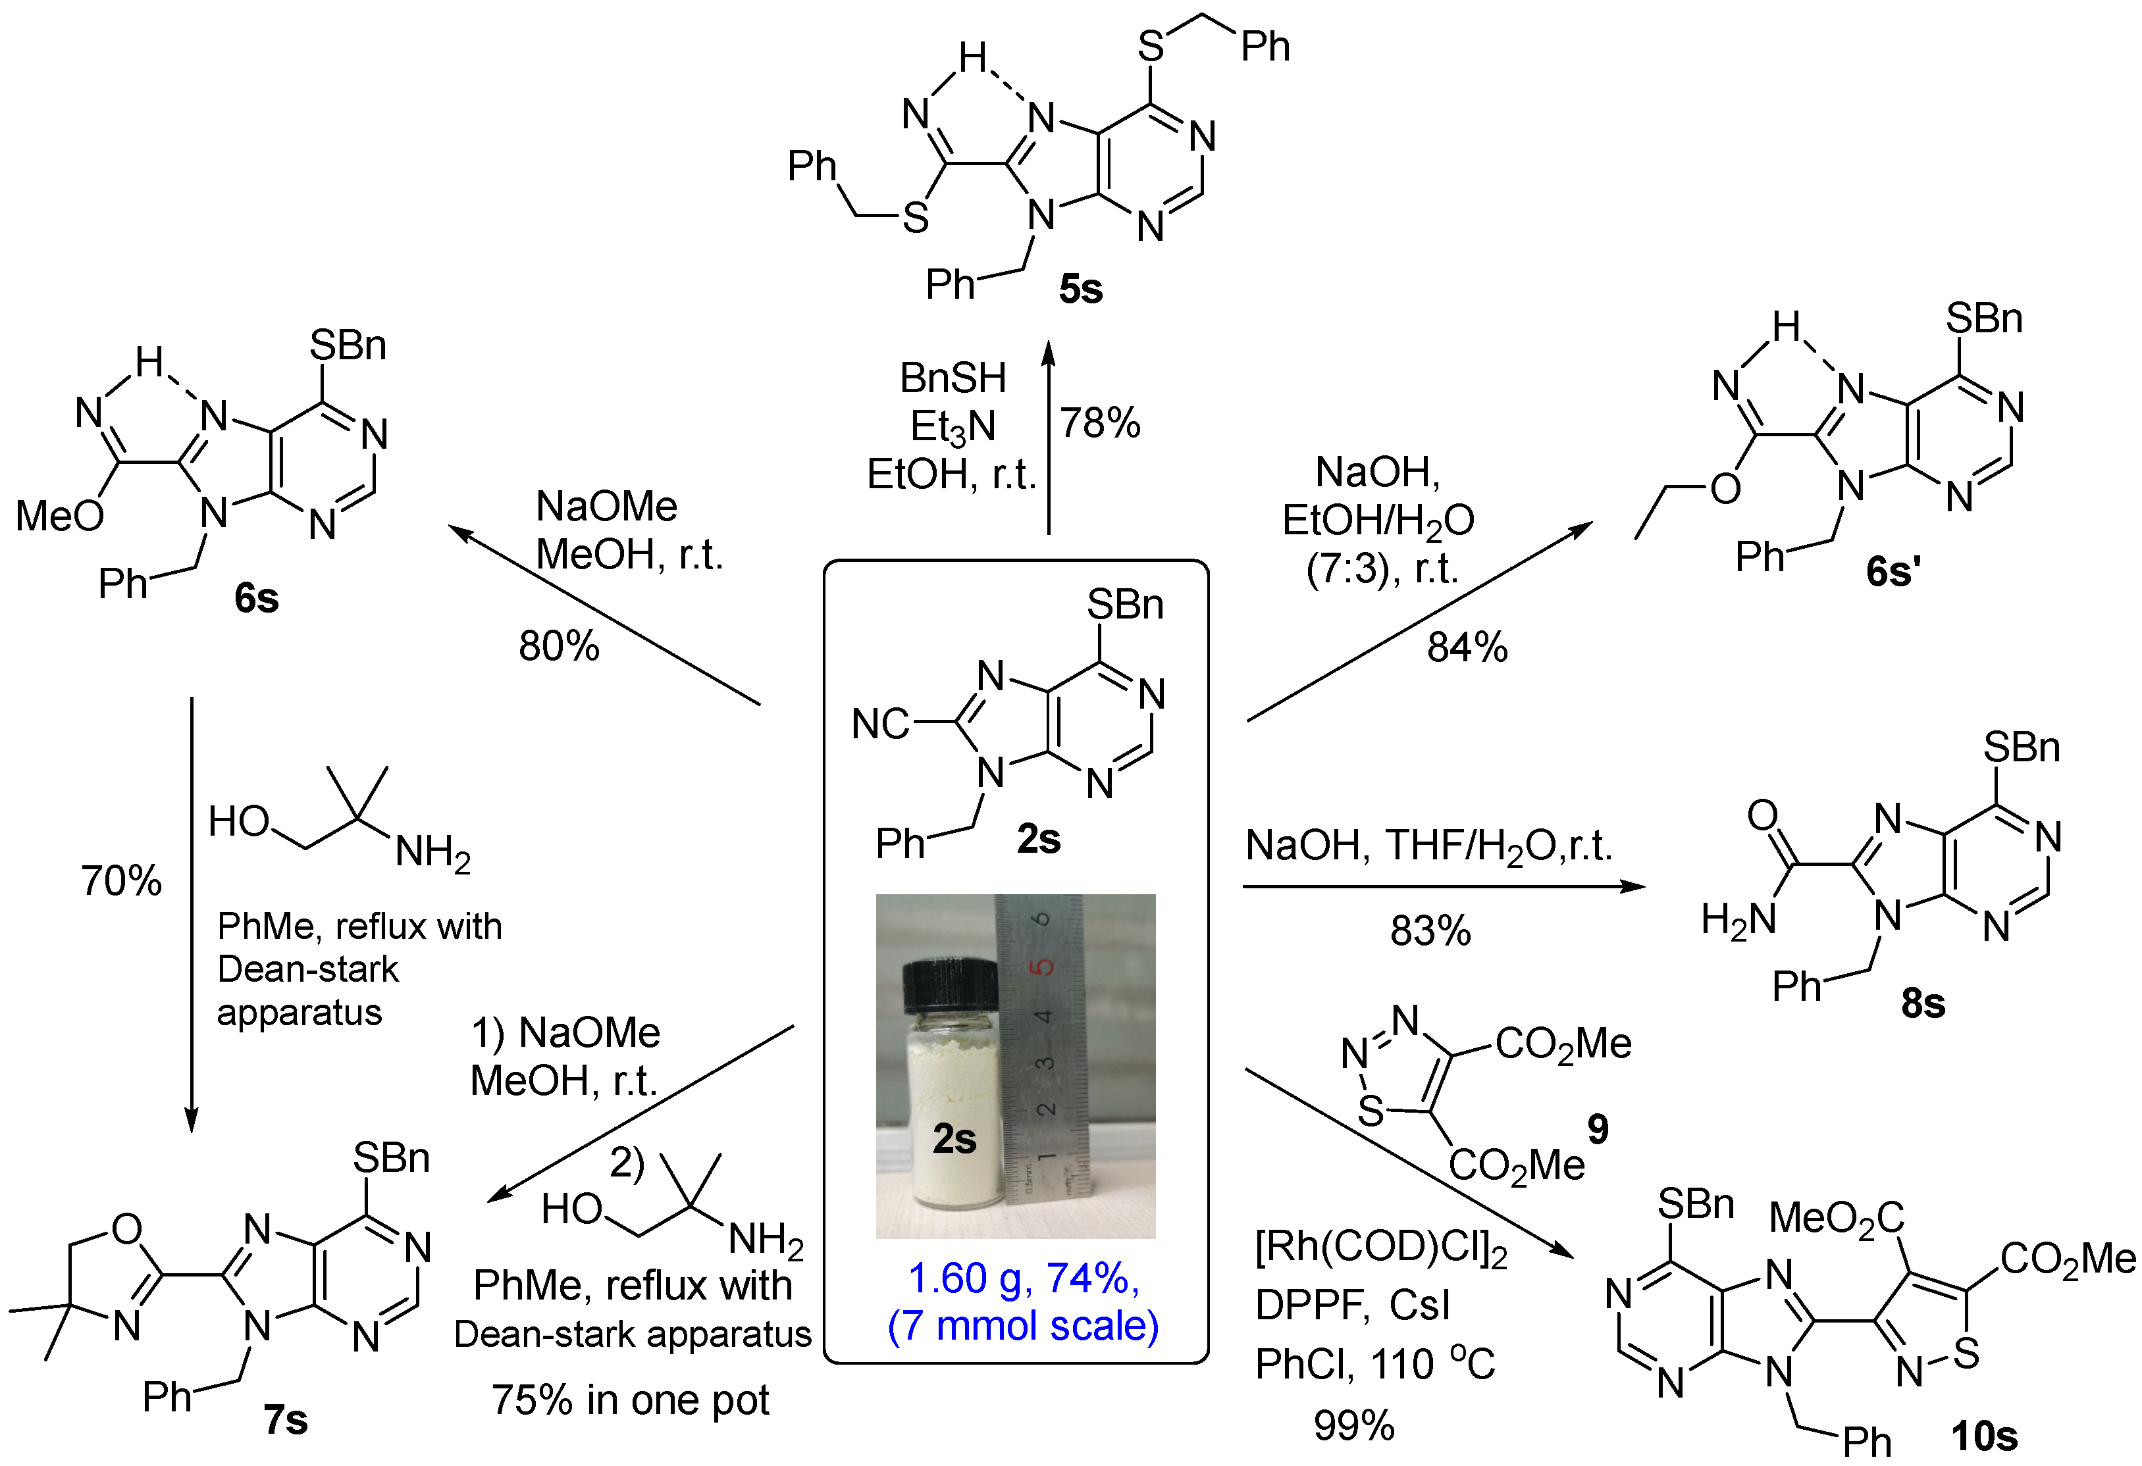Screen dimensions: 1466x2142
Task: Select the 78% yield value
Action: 1099,424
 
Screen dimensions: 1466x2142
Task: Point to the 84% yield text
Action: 1467,647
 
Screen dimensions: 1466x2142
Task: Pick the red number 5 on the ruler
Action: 1043,967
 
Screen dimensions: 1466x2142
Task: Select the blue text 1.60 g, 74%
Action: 1023,1278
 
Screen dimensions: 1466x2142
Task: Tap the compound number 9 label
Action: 1597,1128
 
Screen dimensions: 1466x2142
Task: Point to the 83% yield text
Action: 1430,930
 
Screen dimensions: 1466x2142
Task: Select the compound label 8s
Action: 1923,1003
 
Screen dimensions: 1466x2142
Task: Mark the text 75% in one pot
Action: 631,1400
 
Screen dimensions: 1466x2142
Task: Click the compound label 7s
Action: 285,1420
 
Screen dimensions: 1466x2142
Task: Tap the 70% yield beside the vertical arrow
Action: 120,881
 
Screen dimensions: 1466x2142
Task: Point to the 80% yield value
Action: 559,646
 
